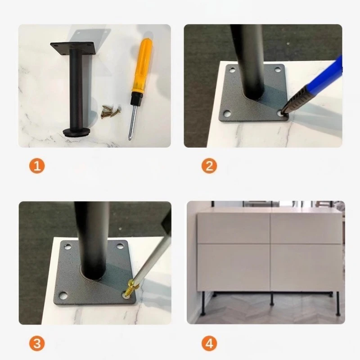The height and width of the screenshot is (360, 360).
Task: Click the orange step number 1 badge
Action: point(37,166)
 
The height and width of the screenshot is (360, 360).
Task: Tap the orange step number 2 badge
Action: point(209,166)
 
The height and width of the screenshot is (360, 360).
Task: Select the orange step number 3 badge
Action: point(37,343)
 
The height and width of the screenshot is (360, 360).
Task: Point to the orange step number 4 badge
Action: point(209,343)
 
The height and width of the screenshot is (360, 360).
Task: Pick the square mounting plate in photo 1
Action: point(73,48)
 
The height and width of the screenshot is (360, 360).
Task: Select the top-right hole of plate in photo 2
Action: point(278,69)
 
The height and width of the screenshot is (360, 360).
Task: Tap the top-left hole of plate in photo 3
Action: point(67,247)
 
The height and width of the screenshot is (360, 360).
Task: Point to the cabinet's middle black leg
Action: point(272,298)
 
